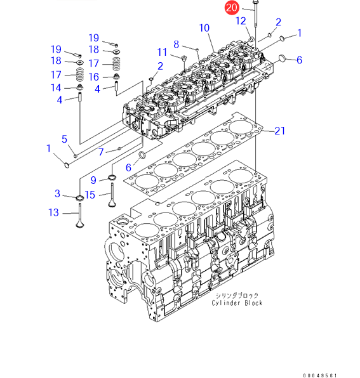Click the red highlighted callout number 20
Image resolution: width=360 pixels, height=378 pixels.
pyautogui.click(x=232, y=8)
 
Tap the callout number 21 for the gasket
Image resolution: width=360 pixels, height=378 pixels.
pyautogui.click(x=280, y=131)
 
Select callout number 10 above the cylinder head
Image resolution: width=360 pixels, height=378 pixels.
pyautogui.click(x=204, y=28)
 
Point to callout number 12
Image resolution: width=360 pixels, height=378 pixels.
pyautogui.click(x=241, y=21)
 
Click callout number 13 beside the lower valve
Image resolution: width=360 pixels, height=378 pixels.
pyautogui.click(x=53, y=212)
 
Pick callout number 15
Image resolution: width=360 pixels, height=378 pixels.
pyautogui.click(x=90, y=195)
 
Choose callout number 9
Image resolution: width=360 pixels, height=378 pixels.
pyautogui.click(x=93, y=180)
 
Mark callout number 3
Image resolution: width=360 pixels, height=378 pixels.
pyautogui.click(x=57, y=193)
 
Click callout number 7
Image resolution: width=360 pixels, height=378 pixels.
pyautogui.click(x=101, y=152)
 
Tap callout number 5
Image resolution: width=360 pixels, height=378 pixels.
pyautogui.click(x=64, y=139)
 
